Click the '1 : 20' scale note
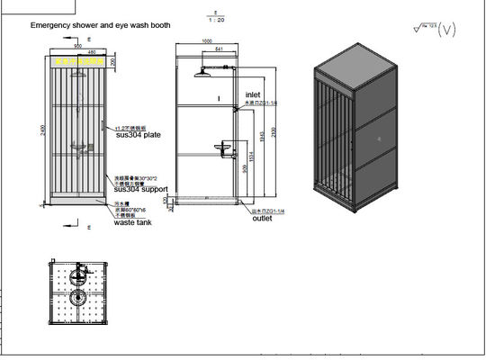[x=214, y=20]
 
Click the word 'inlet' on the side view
[x=254, y=94]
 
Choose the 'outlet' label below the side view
[x=262, y=218]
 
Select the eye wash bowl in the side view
[x=221, y=146]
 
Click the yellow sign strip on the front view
[x=77, y=61]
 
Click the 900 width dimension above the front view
[x=78, y=44]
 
